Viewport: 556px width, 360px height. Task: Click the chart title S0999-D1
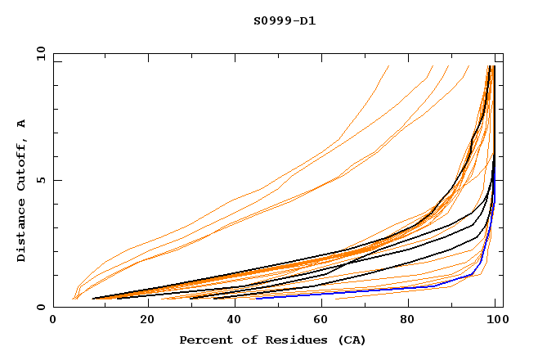click(285, 20)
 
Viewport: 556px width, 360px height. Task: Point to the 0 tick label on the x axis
click(53, 322)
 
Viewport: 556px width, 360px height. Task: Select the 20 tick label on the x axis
click(142, 322)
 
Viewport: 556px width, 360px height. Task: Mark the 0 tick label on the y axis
click(41, 308)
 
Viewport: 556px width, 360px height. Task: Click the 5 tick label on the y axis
click(41, 180)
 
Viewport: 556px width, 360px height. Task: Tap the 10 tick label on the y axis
click(38, 53)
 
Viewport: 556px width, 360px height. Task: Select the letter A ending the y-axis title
click(22, 123)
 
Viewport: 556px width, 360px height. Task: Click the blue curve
click(392, 290)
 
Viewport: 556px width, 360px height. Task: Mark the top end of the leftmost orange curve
click(388, 66)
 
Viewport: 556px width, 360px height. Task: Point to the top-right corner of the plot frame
click(503, 53)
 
